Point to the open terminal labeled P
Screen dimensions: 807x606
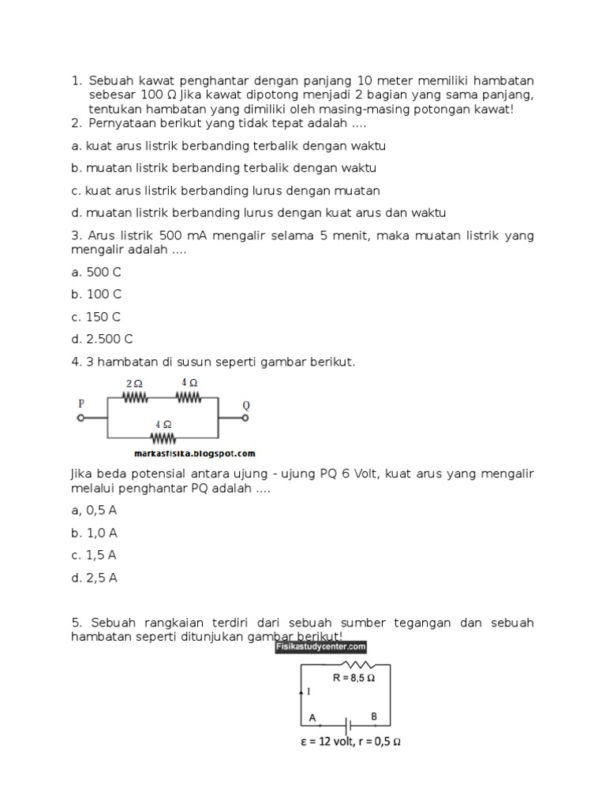(80, 418)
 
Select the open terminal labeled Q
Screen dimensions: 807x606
(245, 418)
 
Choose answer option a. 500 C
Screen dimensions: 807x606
(95, 272)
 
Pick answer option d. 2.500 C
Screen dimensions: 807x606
(102, 339)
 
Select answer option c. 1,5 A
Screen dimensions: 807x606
(94, 555)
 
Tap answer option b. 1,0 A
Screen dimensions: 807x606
(94, 533)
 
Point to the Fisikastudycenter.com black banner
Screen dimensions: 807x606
(321, 647)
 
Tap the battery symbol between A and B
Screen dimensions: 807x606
(345, 723)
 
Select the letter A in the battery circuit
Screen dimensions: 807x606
(312, 717)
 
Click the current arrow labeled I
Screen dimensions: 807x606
(301, 690)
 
